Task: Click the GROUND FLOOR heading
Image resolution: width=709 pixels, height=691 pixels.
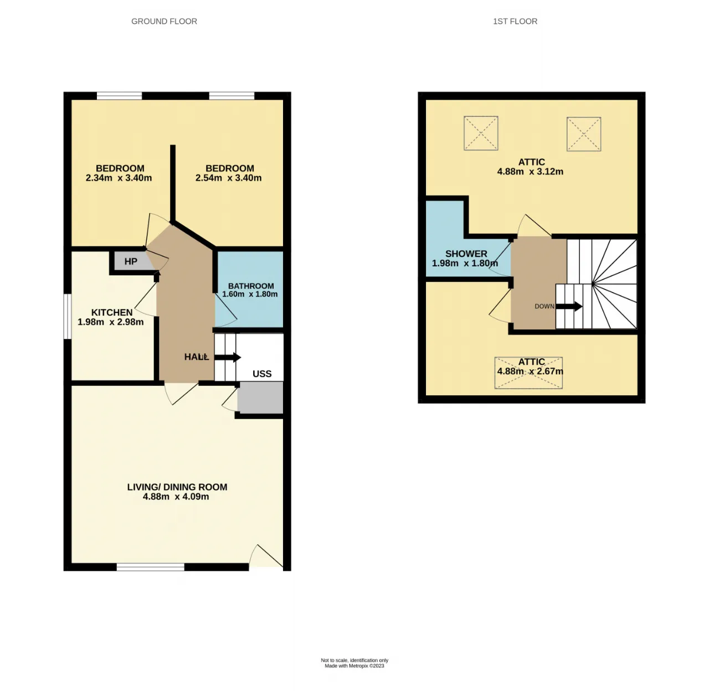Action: click(164, 22)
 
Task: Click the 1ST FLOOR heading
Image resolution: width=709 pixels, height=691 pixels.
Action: click(515, 22)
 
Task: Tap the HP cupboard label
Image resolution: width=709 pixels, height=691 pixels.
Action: click(131, 261)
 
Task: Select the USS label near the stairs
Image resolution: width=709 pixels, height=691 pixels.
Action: click(262, 374)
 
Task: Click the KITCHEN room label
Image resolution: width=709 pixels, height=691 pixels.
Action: click(111, 312)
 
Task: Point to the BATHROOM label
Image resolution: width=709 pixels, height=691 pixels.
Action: click(251, 286)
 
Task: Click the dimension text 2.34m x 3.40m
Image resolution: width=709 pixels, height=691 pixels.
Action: click(119, 178)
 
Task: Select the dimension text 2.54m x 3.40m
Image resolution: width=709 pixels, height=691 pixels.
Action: click(228, 178)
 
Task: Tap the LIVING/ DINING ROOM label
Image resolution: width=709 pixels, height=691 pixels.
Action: click(177, 487)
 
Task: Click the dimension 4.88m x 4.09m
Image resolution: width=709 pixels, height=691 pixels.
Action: click(176, 497)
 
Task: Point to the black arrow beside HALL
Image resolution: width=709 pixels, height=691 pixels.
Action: click(227, 357)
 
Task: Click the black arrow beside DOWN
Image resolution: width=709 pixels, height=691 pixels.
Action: click(569, 306)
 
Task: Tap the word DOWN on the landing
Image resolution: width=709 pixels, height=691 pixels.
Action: click(544, 306)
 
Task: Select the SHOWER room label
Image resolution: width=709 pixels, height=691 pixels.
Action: click(466, 254)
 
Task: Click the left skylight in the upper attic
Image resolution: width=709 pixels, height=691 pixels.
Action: click(481, 133)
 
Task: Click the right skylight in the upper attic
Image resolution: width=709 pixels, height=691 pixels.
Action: click(584, 133)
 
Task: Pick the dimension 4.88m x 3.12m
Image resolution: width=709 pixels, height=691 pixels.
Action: click(530, 172)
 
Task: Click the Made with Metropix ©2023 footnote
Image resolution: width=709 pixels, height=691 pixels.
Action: click(354, 666)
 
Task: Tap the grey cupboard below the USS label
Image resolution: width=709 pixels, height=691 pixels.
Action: click(260, 398)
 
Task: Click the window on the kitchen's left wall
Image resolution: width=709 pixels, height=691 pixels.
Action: click(67, 316)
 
